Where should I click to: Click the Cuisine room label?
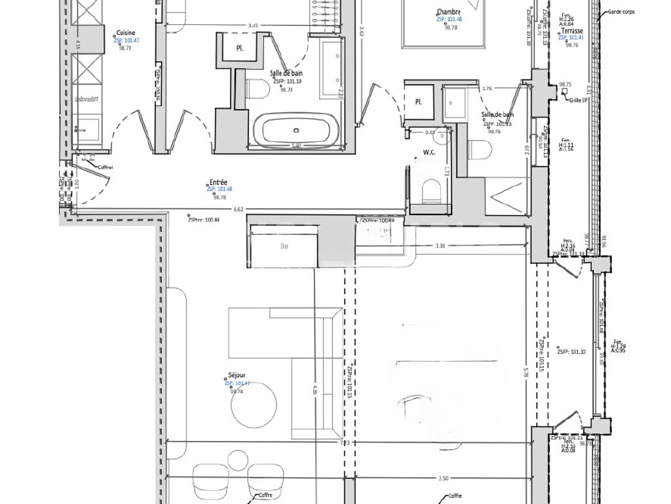[x=126, y=33]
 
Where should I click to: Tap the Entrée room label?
[x=219, y=182]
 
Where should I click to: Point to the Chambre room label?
[x=449, y=12]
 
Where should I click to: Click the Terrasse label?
[x=571, y=31]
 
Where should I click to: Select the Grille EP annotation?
[x=579, y=100]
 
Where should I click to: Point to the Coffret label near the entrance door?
[x=105, y=167]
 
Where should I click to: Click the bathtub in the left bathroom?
[x=297, y=131]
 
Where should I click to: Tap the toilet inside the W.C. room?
[x=432, y=191]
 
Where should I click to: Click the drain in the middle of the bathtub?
[x=297, y=130]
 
